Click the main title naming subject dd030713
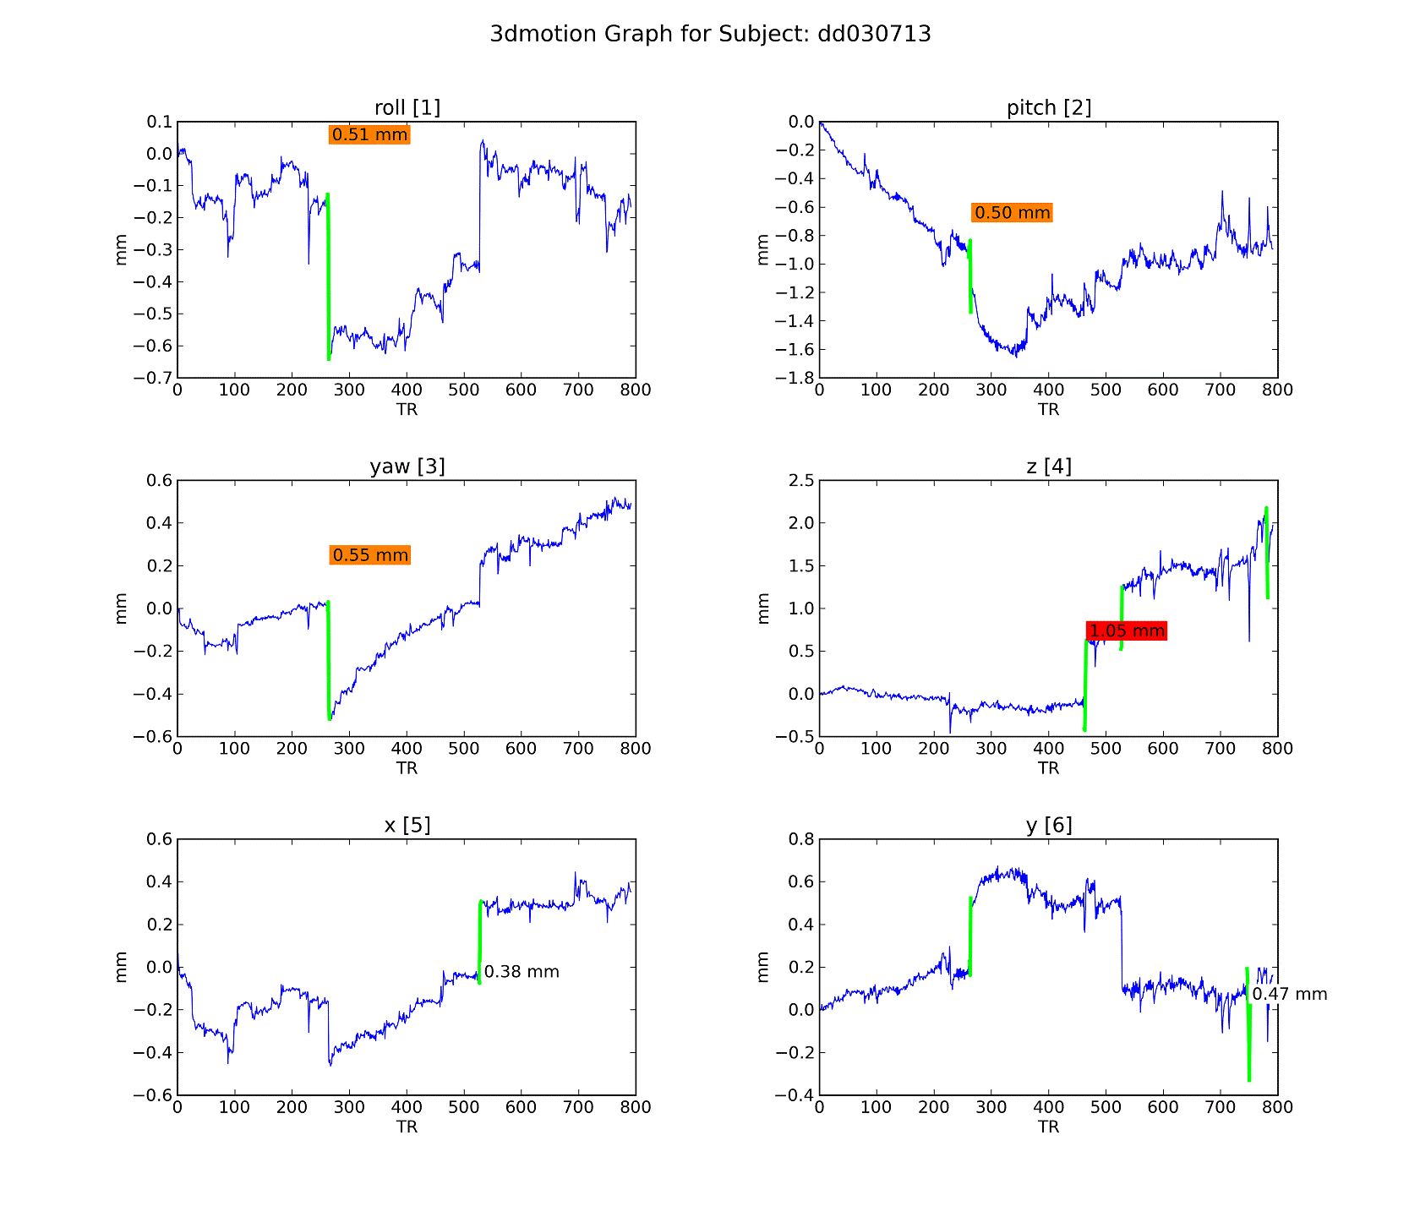(x=710, y=34)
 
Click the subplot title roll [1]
(x=407, y=107)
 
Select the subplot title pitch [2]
(x=1049, y=107)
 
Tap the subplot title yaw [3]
(x=407, y=467)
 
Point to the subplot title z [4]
(x=1049, y=467)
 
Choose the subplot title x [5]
(x=407, y=825)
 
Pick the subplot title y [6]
(x=1049, y=825)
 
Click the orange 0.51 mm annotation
(x=369, y=135)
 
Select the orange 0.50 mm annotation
(x=1012, y=213)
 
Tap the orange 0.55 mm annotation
(x=369, y=555)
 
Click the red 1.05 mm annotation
(x=1127, y=630)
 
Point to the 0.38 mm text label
(x=522, y=972)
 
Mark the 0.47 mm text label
(x=1290, y=995)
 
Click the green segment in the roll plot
(x=328, y=279)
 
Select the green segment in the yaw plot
(x=328, y=659)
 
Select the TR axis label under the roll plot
(x=407, y=410)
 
